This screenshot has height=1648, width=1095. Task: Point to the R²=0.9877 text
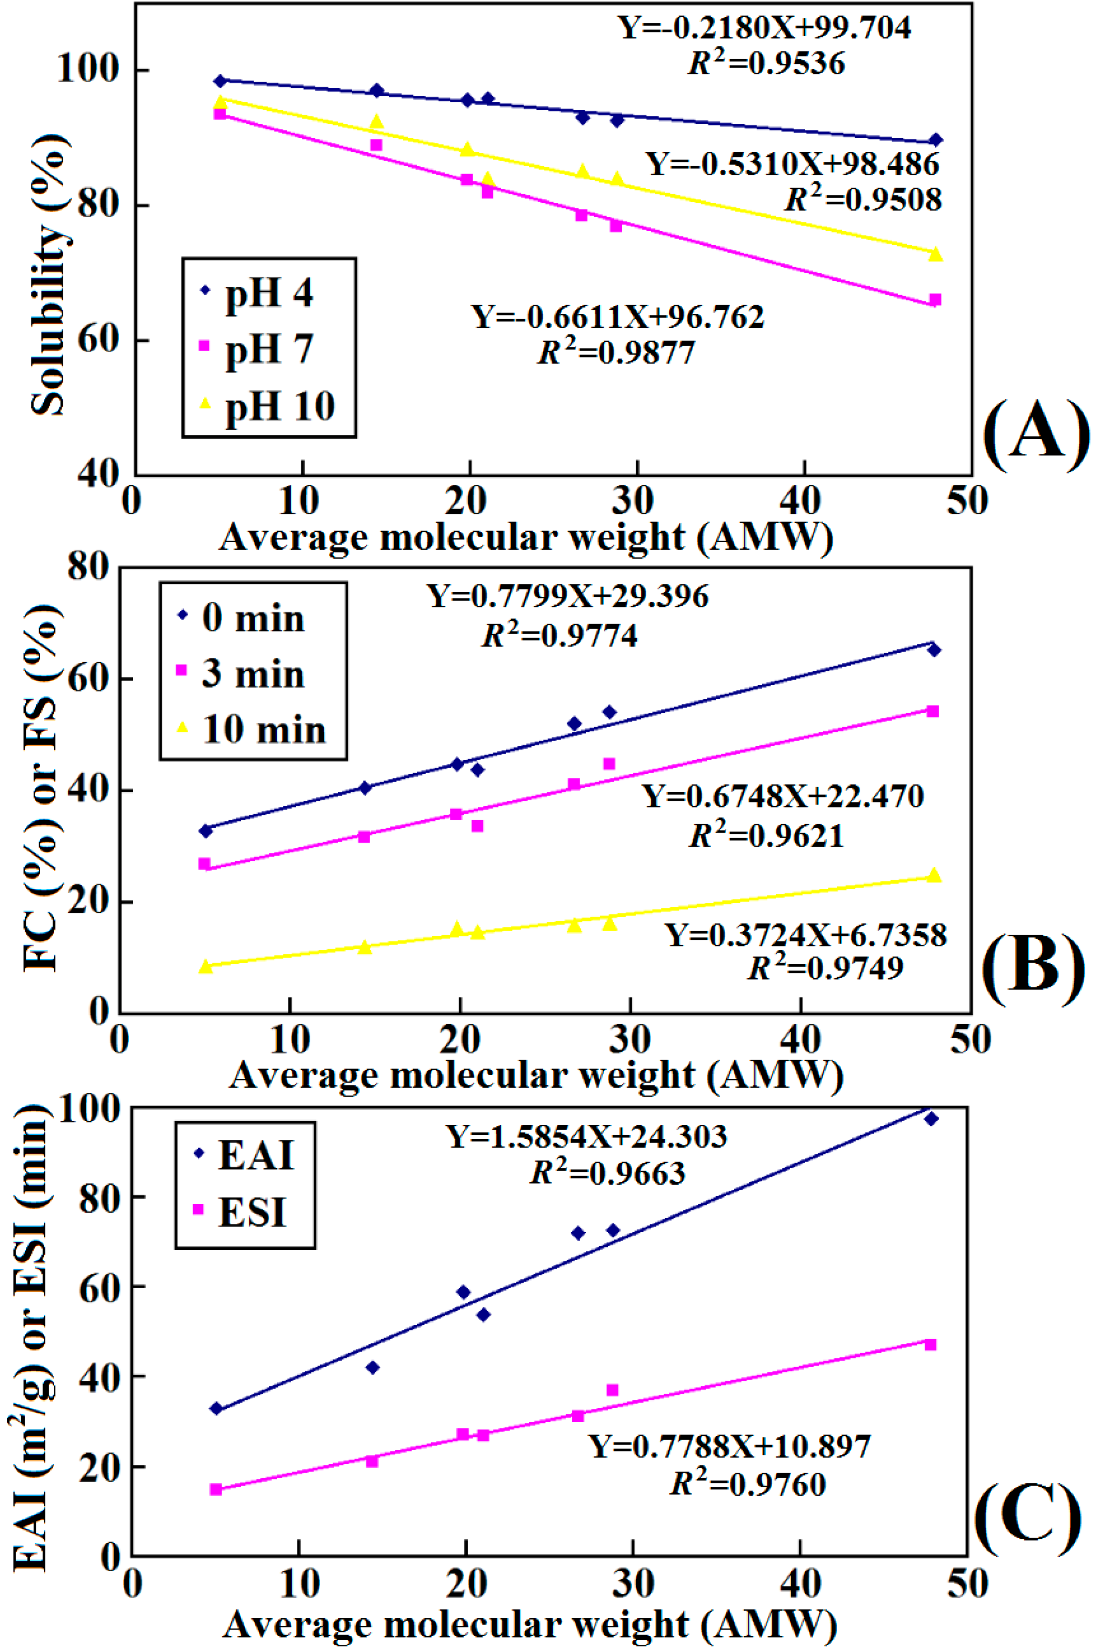pos(616,353)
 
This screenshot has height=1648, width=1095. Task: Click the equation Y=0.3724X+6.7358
pos(805,935)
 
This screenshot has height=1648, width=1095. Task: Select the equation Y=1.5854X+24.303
pos(587,1136)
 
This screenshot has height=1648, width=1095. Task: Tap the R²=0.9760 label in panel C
pos(748,1485)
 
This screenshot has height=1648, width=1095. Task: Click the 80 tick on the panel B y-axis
pos(89,567)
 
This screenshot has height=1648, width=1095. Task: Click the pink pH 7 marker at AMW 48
pos(935,300)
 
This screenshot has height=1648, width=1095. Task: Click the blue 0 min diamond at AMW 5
pos(205,830)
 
